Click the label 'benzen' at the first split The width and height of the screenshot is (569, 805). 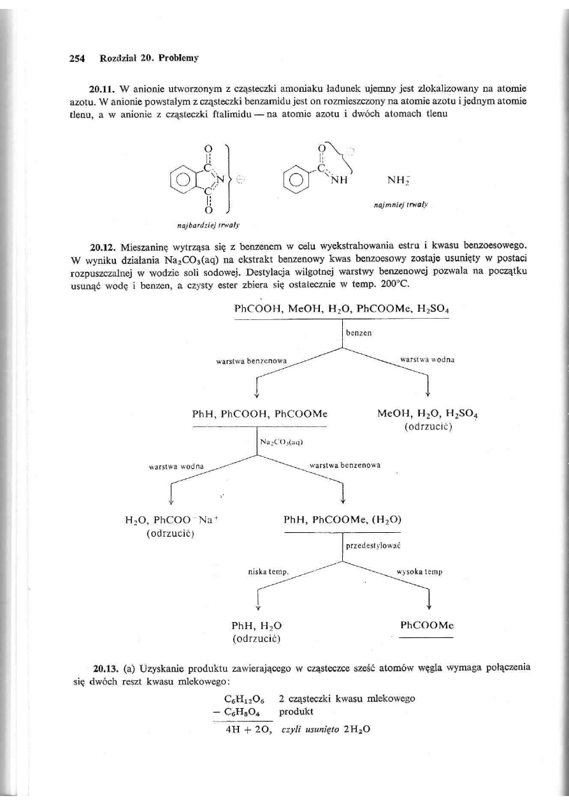pyautogui.click(x=357, y=333)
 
